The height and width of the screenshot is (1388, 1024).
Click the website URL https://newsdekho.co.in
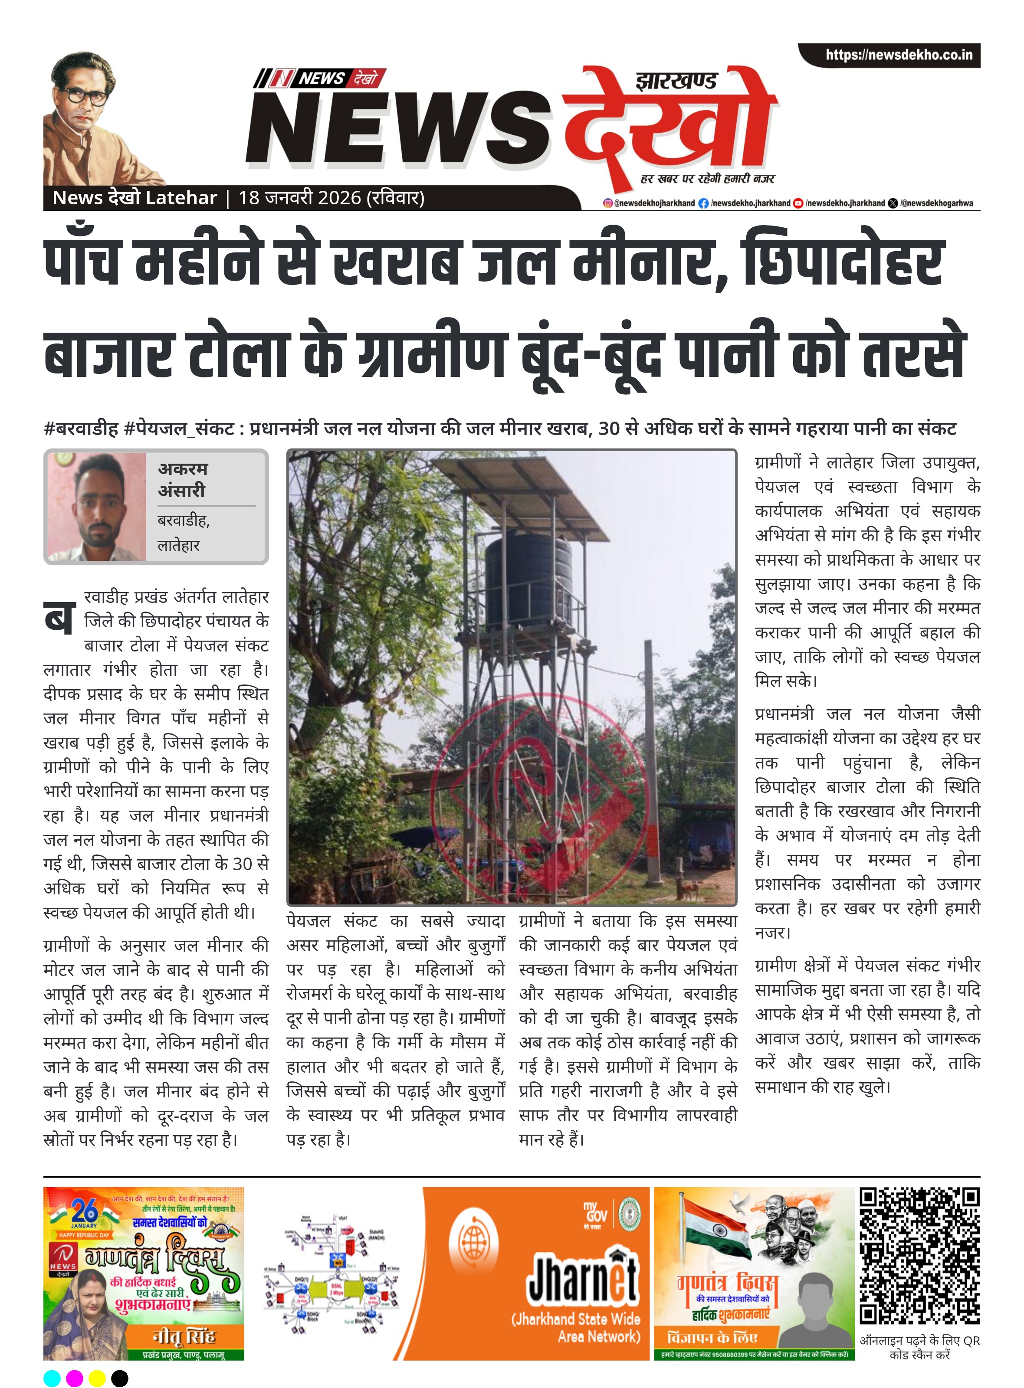(x=898, y=55)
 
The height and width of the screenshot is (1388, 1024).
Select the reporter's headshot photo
(x=96, y=507)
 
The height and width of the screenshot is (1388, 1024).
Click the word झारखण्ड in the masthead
(x=676, y=81)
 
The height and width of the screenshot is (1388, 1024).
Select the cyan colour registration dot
(x=53, y=1378)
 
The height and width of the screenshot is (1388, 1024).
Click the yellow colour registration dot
(x=97, y=1378)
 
